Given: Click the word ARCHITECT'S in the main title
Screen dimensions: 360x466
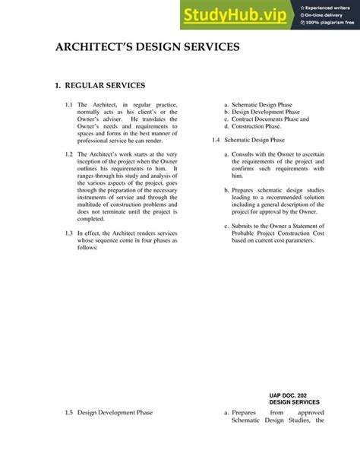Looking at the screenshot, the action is coord(96,47).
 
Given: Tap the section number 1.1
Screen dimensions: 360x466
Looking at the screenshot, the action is coord(69,104).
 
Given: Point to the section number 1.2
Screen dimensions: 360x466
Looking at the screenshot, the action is coord(69,154).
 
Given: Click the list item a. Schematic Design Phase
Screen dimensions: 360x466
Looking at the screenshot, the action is coord(257,104).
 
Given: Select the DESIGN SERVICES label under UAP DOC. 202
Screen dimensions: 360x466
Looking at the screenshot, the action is coord(295,402).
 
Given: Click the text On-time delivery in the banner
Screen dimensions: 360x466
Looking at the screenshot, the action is coord(327,14).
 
